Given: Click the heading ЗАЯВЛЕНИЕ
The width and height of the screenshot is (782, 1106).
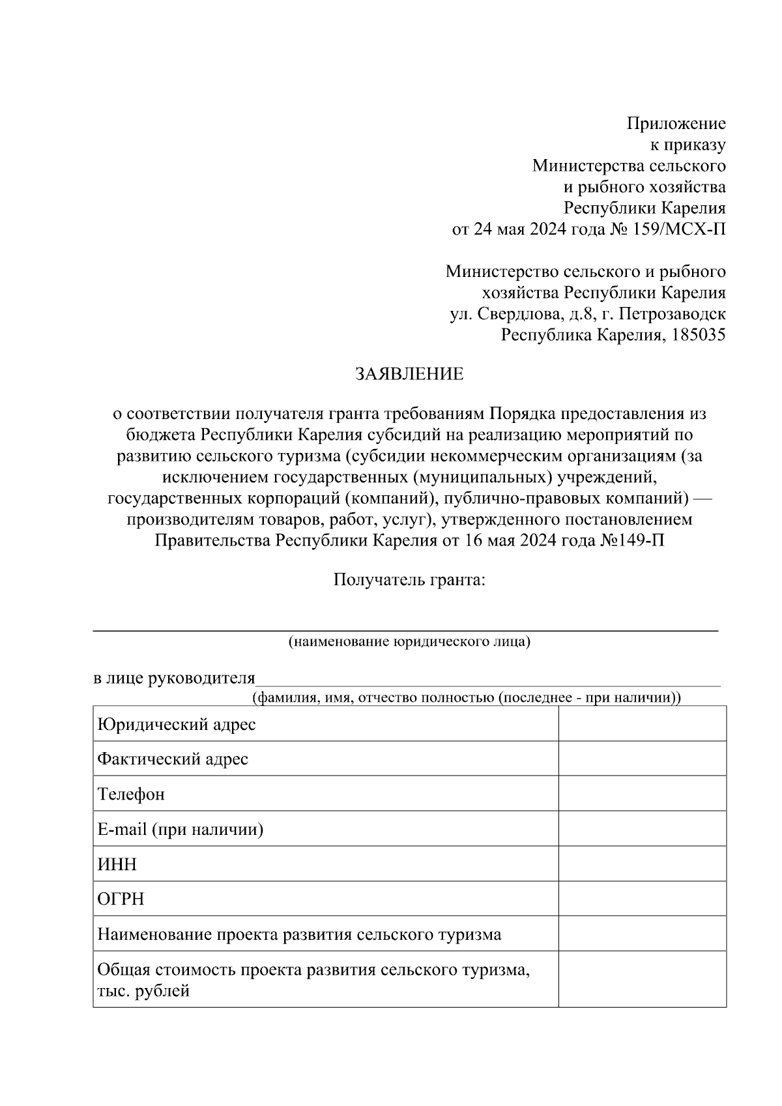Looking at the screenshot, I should click(x=409, y=374).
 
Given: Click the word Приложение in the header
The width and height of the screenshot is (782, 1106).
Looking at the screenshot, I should click(x=676, y=123).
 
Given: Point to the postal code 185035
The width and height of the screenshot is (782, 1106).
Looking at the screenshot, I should click(x=699, y=335).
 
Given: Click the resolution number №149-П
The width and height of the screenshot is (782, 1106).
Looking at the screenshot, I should click(x=632, y=541).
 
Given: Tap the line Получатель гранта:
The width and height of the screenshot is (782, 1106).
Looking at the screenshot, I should click(x=409, y=579).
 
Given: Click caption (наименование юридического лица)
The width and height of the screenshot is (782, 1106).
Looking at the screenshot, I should click(x=409, y=641).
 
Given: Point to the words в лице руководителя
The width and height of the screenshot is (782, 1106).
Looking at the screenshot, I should click(x=174, y=678).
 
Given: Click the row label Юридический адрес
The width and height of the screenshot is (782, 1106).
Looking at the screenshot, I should click(x=176, y=724).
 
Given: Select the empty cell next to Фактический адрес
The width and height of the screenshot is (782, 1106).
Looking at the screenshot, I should click(x=642, y=759).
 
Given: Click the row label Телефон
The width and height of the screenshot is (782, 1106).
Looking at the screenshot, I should click(x=131, y=794).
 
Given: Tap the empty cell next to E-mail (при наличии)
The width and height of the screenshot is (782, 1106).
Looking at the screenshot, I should click(x=642, y=829).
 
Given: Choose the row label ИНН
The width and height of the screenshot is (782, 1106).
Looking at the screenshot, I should click(x=117, y=864).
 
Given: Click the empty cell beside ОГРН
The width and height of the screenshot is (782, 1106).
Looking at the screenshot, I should click(x=642, y=899).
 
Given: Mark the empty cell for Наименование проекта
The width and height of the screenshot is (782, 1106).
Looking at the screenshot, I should click(x=642, y=934).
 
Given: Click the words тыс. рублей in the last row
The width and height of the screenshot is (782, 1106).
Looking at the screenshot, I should click(x=143, y=992).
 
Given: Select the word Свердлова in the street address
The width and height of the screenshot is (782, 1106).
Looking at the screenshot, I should click(x=518, y=314).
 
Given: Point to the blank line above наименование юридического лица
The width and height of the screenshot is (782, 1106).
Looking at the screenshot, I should click(x=405, y=630).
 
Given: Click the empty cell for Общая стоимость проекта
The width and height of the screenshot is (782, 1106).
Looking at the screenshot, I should click(x=642, y=980).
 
